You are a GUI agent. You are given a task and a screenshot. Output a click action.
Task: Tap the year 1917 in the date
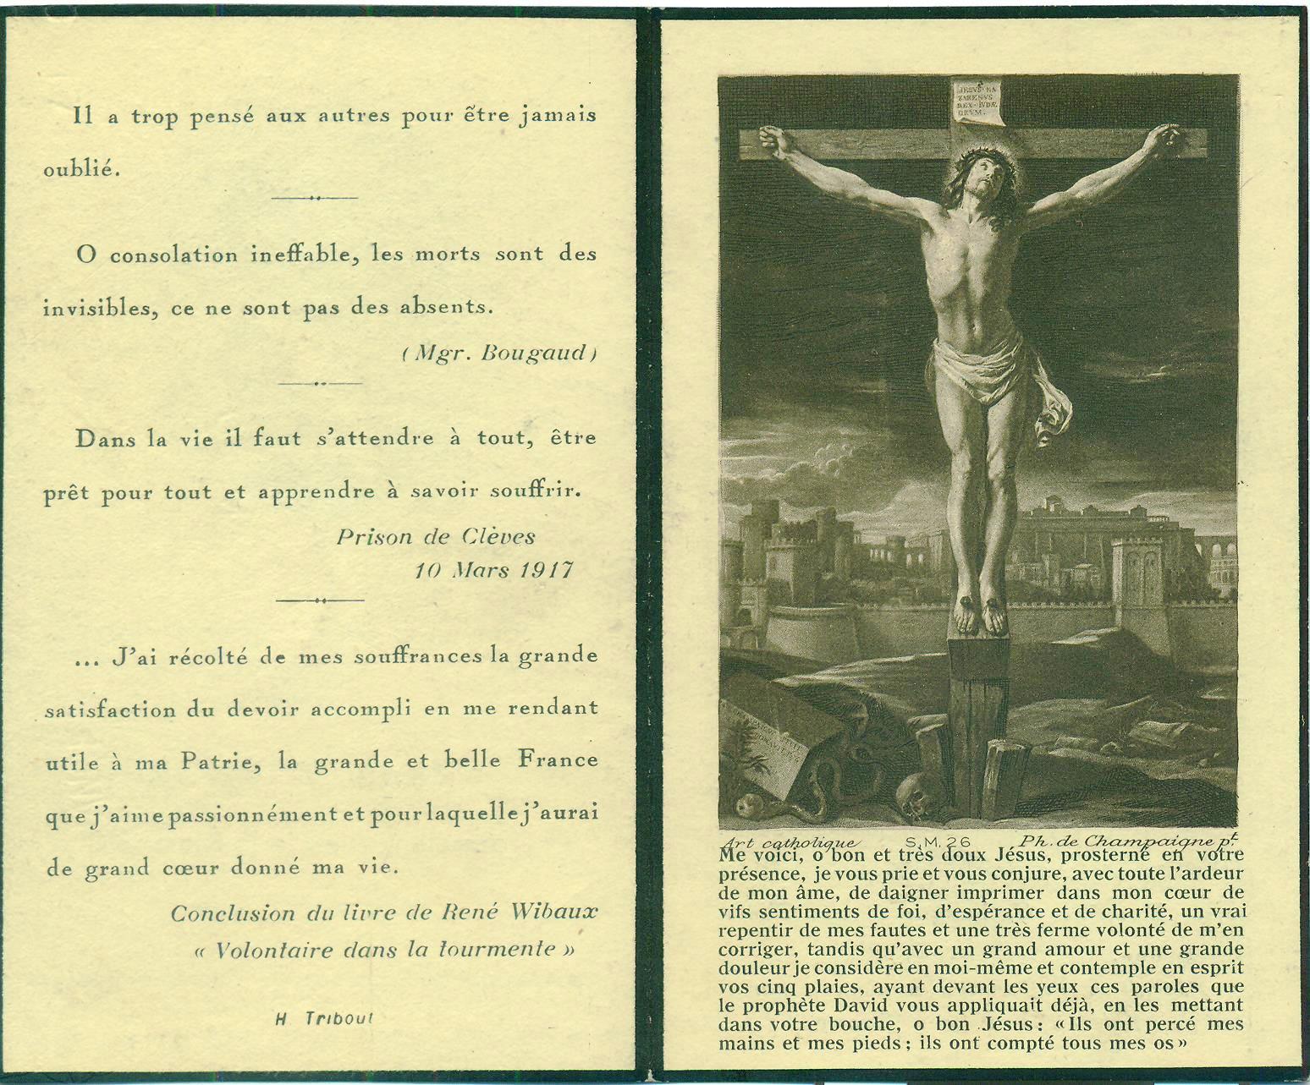click(546, 570)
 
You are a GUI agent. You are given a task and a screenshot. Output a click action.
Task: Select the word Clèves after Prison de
click(498, 536)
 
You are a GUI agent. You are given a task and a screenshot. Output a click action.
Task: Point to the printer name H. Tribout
click(324, 1019)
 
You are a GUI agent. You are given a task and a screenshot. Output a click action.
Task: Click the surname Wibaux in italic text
click(553, 912)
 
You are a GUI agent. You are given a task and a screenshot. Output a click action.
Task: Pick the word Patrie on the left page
click(217, 762)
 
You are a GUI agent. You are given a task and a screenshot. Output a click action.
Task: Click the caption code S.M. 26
click(937, 841)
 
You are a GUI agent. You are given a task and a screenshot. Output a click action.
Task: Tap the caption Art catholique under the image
click(789, 842)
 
